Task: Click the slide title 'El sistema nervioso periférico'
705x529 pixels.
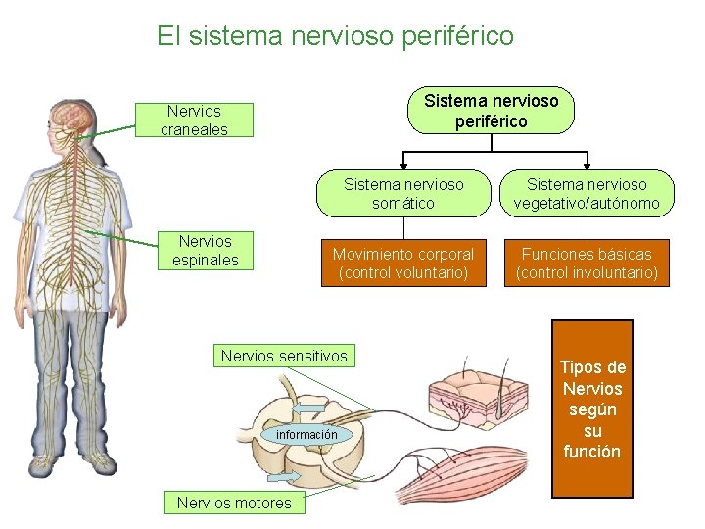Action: [x=335, y=37]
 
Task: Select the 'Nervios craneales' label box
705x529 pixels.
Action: [x=195, y=120]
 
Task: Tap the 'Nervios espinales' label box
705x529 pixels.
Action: [x=206, y=251]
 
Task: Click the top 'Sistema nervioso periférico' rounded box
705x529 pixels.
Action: [x=491, y=111]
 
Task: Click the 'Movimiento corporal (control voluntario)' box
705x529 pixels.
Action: [x=403, y=264]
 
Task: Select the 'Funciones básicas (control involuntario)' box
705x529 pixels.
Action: [x=587, y=264]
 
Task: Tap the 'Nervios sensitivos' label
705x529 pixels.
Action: [x=284, y=357]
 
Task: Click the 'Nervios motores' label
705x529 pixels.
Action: [x=234, y=504]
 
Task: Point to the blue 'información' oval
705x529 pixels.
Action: [x=305, y=434]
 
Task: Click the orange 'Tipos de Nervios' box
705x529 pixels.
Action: [x=591, y=409]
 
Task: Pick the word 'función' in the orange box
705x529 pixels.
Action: [x=591, y=452]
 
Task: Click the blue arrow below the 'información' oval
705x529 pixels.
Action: [x=285, y=476]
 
